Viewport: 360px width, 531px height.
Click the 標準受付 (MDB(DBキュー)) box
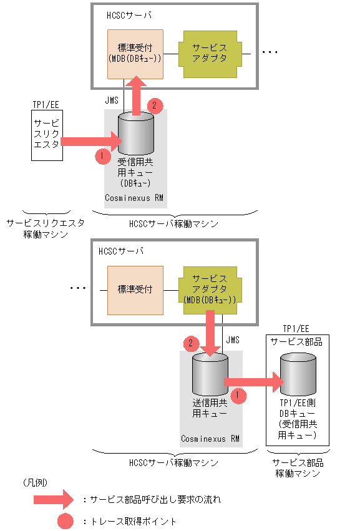(x=135, y=54)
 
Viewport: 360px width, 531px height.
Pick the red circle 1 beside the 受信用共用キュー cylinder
(x=104, y=156)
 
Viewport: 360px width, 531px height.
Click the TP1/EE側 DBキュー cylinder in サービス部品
(x=298, y=374)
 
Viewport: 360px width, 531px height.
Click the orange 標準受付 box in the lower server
(x=135, y=290)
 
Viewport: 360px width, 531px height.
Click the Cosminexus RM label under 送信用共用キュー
(x=210, y=439)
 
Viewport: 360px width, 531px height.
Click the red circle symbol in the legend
(x=62, y=521)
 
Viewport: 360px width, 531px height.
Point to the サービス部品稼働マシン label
(x=298, y=468)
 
